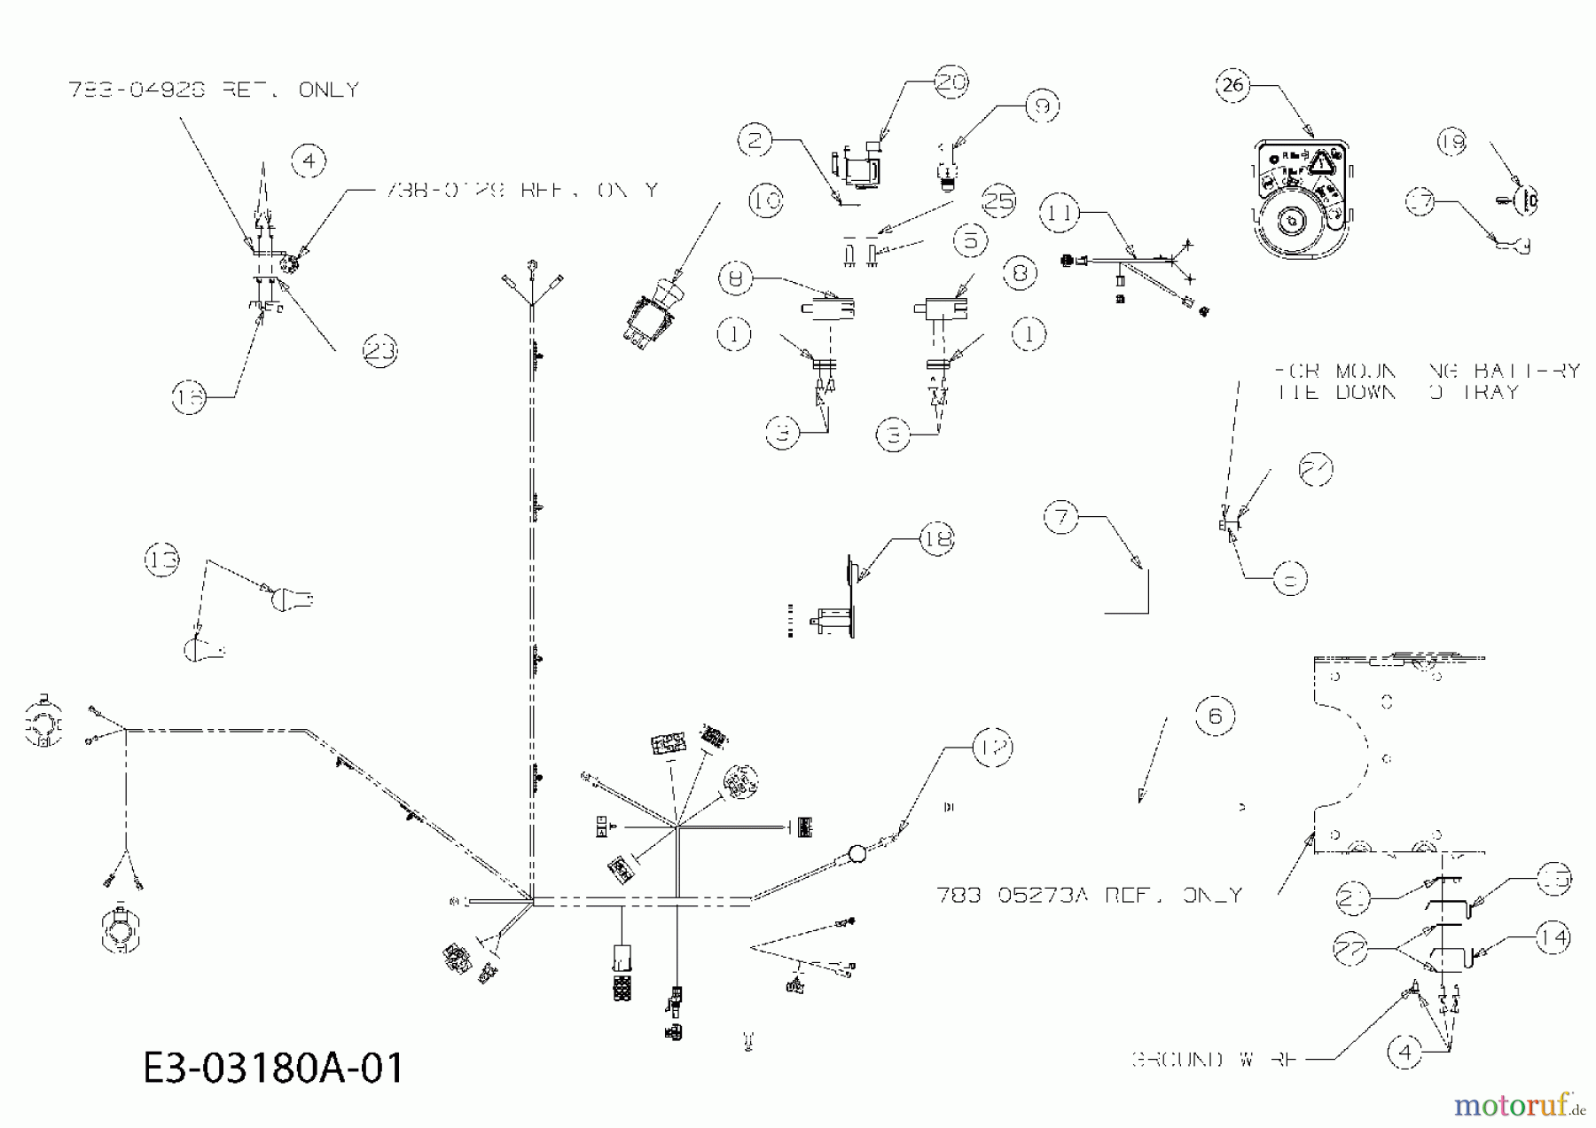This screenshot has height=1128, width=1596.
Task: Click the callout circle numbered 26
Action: [1233, 85]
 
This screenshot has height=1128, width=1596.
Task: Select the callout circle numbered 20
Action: [951, 82]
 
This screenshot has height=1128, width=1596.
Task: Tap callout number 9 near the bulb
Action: [1042, 106]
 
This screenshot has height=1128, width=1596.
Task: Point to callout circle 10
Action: [765, 201]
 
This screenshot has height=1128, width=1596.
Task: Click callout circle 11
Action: [1061, 213]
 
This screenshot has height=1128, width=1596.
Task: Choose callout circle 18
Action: [937, 538]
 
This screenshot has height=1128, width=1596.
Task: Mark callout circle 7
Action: [1061, 516]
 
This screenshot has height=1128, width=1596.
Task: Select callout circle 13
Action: [162, 560]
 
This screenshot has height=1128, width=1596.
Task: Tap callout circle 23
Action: [380, 351]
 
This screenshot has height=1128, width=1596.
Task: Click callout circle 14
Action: [1553, 937]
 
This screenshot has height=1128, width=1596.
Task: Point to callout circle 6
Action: [1215, 715]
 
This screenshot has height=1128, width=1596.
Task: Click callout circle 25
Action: [999, 201]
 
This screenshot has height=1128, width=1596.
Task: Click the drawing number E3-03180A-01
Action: [273, 1068]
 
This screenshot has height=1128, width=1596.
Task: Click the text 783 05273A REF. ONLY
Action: [1089, 896]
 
